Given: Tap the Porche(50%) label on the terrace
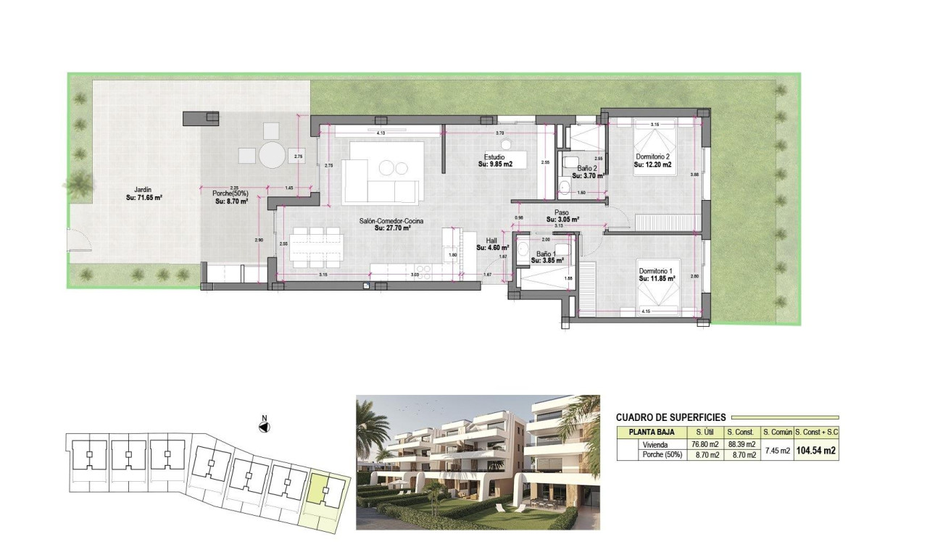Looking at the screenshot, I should [230, 193].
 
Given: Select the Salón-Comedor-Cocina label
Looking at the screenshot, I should [391, 220].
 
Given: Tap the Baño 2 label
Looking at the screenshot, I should [588, 168].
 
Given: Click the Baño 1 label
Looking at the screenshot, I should [546, 254].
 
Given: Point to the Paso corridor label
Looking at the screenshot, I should [562, 212].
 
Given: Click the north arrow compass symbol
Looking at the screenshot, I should [265, 427].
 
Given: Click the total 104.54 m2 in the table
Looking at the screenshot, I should [816, 450].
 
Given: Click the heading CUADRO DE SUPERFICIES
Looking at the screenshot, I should [670, 417].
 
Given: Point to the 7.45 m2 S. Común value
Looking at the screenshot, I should [776, 450].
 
